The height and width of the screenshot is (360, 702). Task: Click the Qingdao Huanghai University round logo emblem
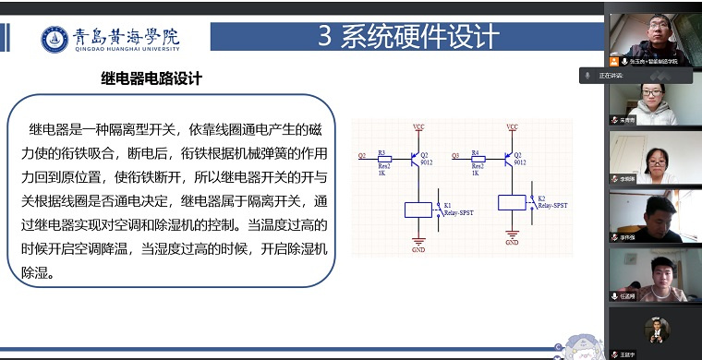pyautogui.click(x=55, y=38)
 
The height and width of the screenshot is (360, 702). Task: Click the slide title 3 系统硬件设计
pyautogui.click(x=408, y=36)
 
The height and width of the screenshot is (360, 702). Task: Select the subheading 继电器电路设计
pyautogui.click(x=151, y=79)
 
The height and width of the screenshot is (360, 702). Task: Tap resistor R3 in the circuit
pyautogui.click(x=383, y=158)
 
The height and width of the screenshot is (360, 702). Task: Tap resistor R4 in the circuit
pyautogui.click(x=476, y=158)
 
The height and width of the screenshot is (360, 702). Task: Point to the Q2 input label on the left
pyautogui.click(x=361, y=155)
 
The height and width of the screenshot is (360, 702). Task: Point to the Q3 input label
pyautogui.click(x=454, y=155)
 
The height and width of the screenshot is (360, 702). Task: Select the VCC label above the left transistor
pyautogui.click(x=418, y=126)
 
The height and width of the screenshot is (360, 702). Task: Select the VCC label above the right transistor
pyautogui.click(x=512, y=126)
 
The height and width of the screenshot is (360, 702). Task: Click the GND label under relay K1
pyautogui.click(x=418, y=249)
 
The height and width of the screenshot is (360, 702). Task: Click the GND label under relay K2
pyautogui.click(x=512, y=244)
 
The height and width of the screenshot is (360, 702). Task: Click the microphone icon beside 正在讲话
pyautogui.click(x=586, y=75)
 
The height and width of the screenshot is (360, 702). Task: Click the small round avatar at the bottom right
pyautogui.click(x=656, y=329)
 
